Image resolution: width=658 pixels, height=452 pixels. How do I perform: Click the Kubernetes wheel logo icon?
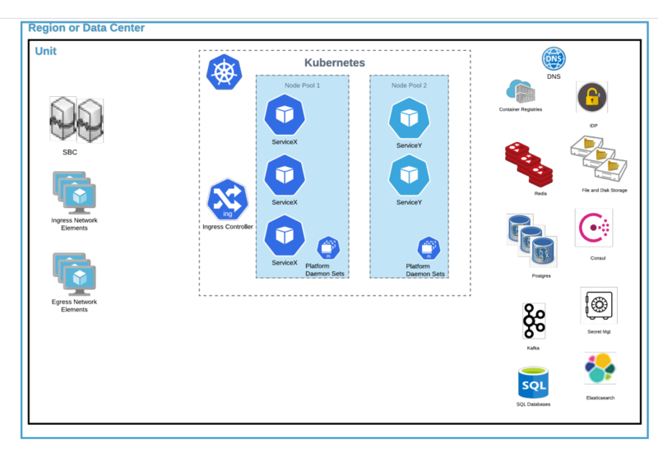coord(224,71)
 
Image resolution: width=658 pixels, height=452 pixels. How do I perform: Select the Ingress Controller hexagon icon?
coord(228,200)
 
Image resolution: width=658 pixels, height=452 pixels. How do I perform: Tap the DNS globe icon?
coord(554,58)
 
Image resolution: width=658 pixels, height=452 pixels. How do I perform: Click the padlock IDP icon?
coord(591,97)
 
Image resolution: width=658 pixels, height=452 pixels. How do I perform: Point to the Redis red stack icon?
coord(529,164)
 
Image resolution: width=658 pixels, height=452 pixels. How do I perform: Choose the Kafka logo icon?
coord(534,321)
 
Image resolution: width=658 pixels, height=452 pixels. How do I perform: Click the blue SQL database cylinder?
coord(533,382)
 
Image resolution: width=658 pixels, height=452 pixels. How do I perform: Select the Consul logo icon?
coord(594,228)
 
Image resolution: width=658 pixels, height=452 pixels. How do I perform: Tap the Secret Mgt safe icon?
coord(599,305)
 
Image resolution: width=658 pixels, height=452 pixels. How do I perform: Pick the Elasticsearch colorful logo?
coord(600,368)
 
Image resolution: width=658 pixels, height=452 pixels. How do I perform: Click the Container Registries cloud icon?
coord(521,91)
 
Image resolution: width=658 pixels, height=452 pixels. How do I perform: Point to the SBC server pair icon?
coord(76,120)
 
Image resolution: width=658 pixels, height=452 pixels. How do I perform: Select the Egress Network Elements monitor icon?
coord(75,274)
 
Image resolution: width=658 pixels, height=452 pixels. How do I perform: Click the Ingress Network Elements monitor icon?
coord(75,193)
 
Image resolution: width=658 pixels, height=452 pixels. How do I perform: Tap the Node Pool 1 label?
coord(302,85)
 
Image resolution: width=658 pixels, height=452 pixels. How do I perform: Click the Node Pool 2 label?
coord(409,85)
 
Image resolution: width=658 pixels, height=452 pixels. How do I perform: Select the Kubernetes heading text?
coord(335,62)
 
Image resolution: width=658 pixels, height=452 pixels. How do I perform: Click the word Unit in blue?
coord(46,51)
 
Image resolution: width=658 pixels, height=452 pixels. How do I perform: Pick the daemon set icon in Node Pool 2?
coord(429,248)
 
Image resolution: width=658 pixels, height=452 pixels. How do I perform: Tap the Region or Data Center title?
coord(86,28)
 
